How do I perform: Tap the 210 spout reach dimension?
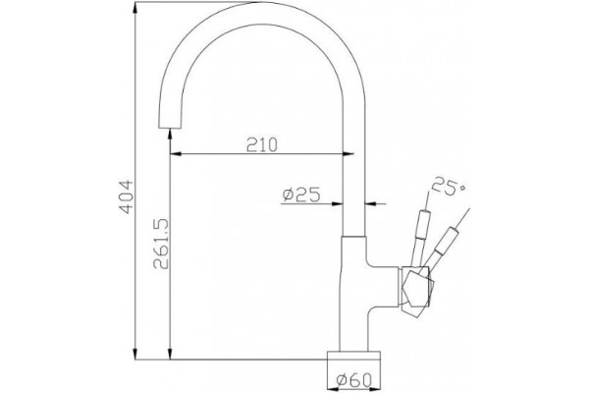coord(262,144)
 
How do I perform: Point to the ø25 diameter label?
coord(301,195)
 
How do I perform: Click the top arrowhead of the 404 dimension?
coord(135,8)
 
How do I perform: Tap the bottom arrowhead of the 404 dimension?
coord(135,354)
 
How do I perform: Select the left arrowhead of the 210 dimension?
coord(176,153)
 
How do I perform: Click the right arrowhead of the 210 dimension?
coord(348,153)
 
